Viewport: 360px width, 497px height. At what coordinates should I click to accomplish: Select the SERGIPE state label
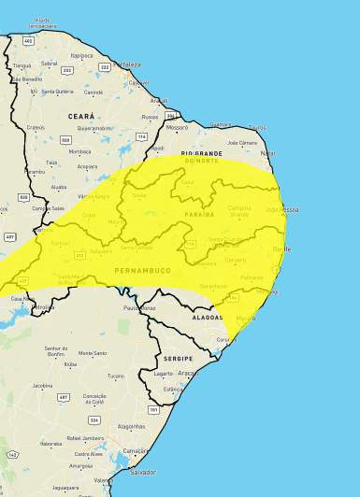click(177, 358)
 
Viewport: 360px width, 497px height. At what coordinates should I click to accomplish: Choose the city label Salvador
click(143, 473)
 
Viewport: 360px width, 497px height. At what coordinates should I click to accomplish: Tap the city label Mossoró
click(177, 125)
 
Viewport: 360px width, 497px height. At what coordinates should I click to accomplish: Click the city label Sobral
click(49, 64)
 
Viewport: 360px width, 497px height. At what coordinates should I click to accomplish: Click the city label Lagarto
click(164, 373)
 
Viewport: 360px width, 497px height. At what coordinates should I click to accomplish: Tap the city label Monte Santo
click(93, 353)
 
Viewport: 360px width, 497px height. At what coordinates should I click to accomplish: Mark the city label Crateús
click(36, 127)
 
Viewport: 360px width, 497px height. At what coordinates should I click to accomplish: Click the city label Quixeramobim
click(95, 128)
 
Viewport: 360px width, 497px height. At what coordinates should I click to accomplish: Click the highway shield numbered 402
click(29, 41)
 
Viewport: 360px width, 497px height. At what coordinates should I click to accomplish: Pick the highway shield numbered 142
click(13, 454)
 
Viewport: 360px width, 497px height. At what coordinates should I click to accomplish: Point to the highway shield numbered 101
click(152, 408)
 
